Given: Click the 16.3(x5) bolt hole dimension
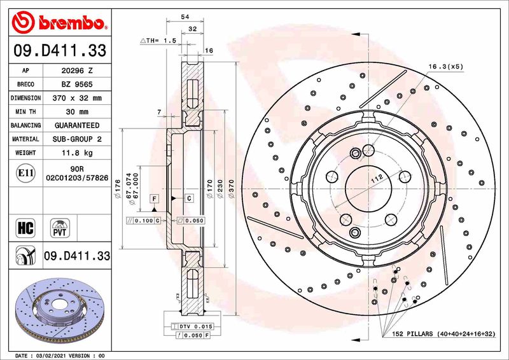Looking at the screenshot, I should tap(445, 66).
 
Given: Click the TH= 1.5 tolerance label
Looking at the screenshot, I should tap(157, 40).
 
